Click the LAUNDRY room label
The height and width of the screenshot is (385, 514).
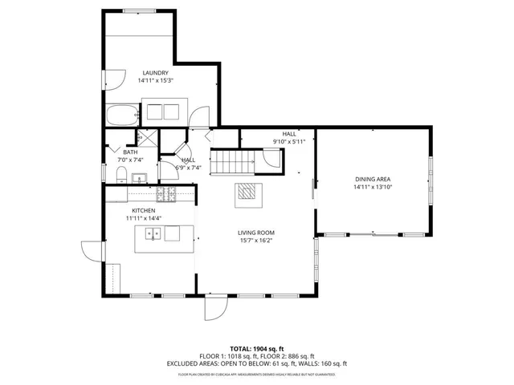tap(156, 72)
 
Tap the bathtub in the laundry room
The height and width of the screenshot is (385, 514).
tap(121, 117)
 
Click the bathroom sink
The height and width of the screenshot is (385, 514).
tap(138, 178)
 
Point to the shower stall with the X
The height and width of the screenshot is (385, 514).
tap(145, 137)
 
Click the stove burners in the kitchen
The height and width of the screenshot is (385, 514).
tap(165, 193)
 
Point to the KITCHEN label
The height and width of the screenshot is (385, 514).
tap(144, 210)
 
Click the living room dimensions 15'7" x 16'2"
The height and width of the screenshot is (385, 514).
tap(256, 240)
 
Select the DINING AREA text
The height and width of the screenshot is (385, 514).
tap(373, 179)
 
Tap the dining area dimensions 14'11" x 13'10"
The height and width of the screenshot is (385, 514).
tap(373, 187)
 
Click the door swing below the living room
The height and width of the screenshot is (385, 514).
tap(215, 310)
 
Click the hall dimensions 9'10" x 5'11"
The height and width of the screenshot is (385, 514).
tap(289, 142)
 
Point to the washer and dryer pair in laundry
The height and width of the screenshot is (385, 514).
tap(165, 111)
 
